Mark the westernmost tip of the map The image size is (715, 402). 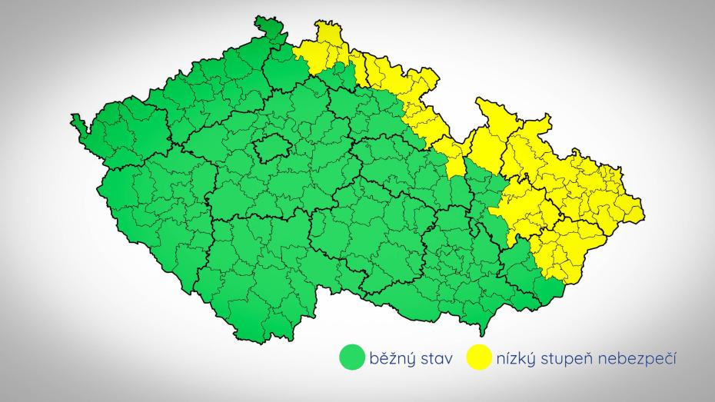tap(73, 118)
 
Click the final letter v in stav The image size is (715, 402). tap(452, 358)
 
